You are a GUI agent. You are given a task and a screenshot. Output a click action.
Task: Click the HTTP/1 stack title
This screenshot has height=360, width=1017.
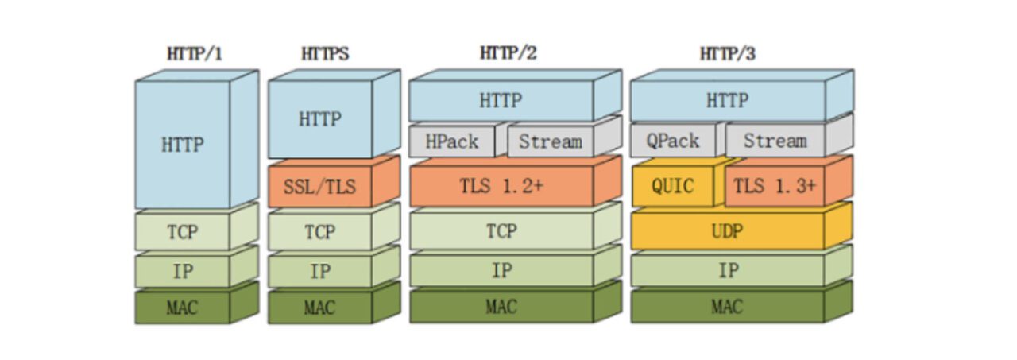tap(194, 54)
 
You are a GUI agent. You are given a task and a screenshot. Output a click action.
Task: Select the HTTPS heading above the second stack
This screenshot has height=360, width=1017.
tap(324, 54)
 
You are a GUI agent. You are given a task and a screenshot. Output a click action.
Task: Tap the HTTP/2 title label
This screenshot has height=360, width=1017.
tap(508, 53)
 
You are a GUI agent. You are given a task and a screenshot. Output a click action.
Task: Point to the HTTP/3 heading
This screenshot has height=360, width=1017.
tap(727, 53)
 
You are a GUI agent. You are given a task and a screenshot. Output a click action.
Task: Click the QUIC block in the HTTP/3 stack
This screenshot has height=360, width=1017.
tap(672, 187)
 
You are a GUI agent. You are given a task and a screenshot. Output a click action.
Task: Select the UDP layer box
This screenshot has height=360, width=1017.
tap(728, 230)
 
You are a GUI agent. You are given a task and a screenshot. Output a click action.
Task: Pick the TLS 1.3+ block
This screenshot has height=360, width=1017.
tap(774, 187)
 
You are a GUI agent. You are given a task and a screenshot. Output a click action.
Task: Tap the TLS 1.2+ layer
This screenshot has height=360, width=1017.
tap(501, 187)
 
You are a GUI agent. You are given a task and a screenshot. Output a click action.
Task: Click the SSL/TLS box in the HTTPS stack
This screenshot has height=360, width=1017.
tap(319, 188)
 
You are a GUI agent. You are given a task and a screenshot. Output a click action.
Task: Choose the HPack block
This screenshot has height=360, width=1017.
tap(452, 141)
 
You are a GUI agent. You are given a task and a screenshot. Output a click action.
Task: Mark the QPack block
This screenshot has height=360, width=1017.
tap(672, 141)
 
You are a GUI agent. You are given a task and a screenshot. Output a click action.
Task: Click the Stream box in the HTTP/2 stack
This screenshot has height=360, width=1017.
tap(550, 141)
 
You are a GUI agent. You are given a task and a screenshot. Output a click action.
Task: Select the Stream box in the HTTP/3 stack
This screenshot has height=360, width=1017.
tap(774, 141)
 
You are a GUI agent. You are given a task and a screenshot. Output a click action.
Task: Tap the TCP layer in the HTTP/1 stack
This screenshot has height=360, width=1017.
tap(183, 232)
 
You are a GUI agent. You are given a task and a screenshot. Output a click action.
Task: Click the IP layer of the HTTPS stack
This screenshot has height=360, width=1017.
tap(319, 271)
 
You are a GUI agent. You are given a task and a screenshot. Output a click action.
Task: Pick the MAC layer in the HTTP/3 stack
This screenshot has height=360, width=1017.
tap(728, 307)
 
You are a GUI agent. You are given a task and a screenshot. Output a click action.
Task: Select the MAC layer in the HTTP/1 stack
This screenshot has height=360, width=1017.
tap(183, 308)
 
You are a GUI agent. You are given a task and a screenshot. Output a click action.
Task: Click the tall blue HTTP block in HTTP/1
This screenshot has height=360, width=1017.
tap(183, 145)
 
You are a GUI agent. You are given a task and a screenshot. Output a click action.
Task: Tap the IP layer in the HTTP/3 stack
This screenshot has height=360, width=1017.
tap(728, 270)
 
